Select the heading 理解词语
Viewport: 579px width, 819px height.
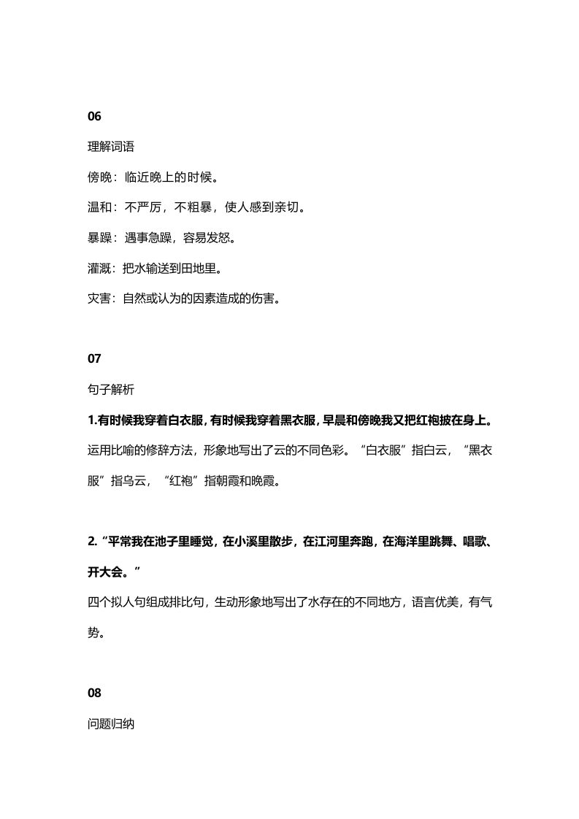point(110,147)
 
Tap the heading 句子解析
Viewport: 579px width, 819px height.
point(110,390)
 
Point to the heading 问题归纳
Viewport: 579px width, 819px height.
point(110,725)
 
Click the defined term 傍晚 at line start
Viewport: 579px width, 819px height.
point(99,177)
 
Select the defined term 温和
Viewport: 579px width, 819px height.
point(99,208)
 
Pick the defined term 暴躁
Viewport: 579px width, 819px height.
point(99,238)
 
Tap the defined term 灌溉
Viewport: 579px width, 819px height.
point(99,268)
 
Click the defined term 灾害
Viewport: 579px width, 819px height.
point(99,299)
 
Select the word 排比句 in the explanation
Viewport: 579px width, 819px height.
point(183,602)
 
